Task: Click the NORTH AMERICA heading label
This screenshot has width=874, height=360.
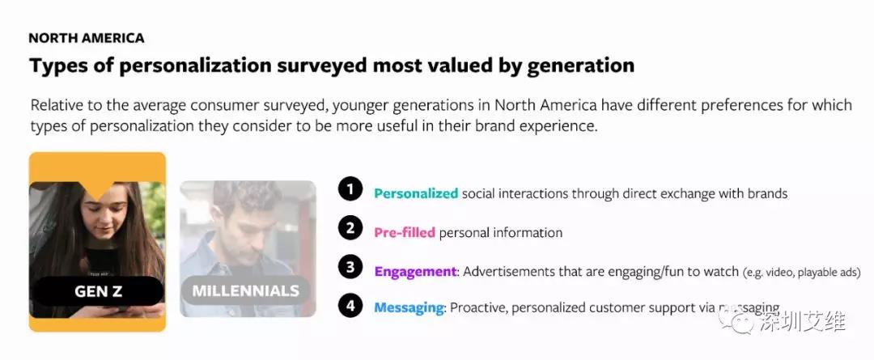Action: coord(87,38)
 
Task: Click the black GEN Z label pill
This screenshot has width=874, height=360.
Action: coord(98,291)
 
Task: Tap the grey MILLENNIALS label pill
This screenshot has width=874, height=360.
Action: coord(246,290)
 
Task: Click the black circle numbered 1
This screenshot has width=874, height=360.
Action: coord(350,190)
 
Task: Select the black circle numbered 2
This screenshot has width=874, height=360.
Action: coord(350,228)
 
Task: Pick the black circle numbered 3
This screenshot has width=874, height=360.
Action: coord(350,267)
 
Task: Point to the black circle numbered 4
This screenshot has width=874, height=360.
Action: coord(350,305)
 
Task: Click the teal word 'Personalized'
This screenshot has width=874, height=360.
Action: coord(416,194)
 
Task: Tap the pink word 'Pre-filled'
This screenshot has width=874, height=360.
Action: coord(405,232)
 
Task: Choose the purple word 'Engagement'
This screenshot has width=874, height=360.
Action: coord(416,271)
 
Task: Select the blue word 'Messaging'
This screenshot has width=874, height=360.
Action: coord(409,307)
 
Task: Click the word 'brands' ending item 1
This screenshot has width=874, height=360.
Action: coord(767,193)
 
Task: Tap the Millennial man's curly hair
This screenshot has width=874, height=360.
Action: coord(246,196)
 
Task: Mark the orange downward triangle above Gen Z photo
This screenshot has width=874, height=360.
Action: coord(98,190)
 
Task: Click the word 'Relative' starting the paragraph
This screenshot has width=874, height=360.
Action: coord(57,105)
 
